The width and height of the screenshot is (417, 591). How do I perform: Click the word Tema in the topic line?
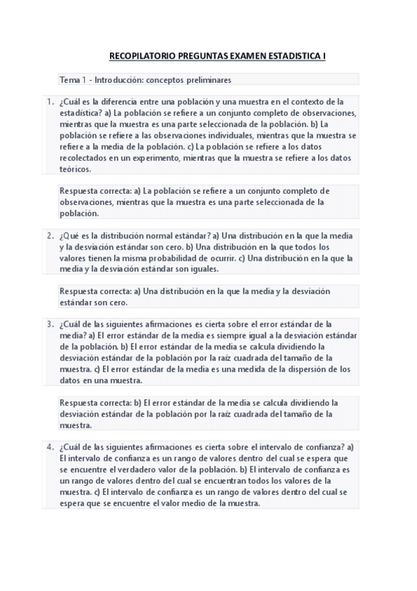coord(70,79)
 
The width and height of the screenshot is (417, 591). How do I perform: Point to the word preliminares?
coord(203,79)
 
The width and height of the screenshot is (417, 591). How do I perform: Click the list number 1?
coord(50,102)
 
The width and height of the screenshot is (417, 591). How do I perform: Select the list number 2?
coord(50,236)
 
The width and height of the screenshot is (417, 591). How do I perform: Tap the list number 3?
coord(50,324)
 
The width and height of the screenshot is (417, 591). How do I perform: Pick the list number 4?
coord(50,447)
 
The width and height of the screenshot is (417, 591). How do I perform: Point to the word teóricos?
coord(75,169)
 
